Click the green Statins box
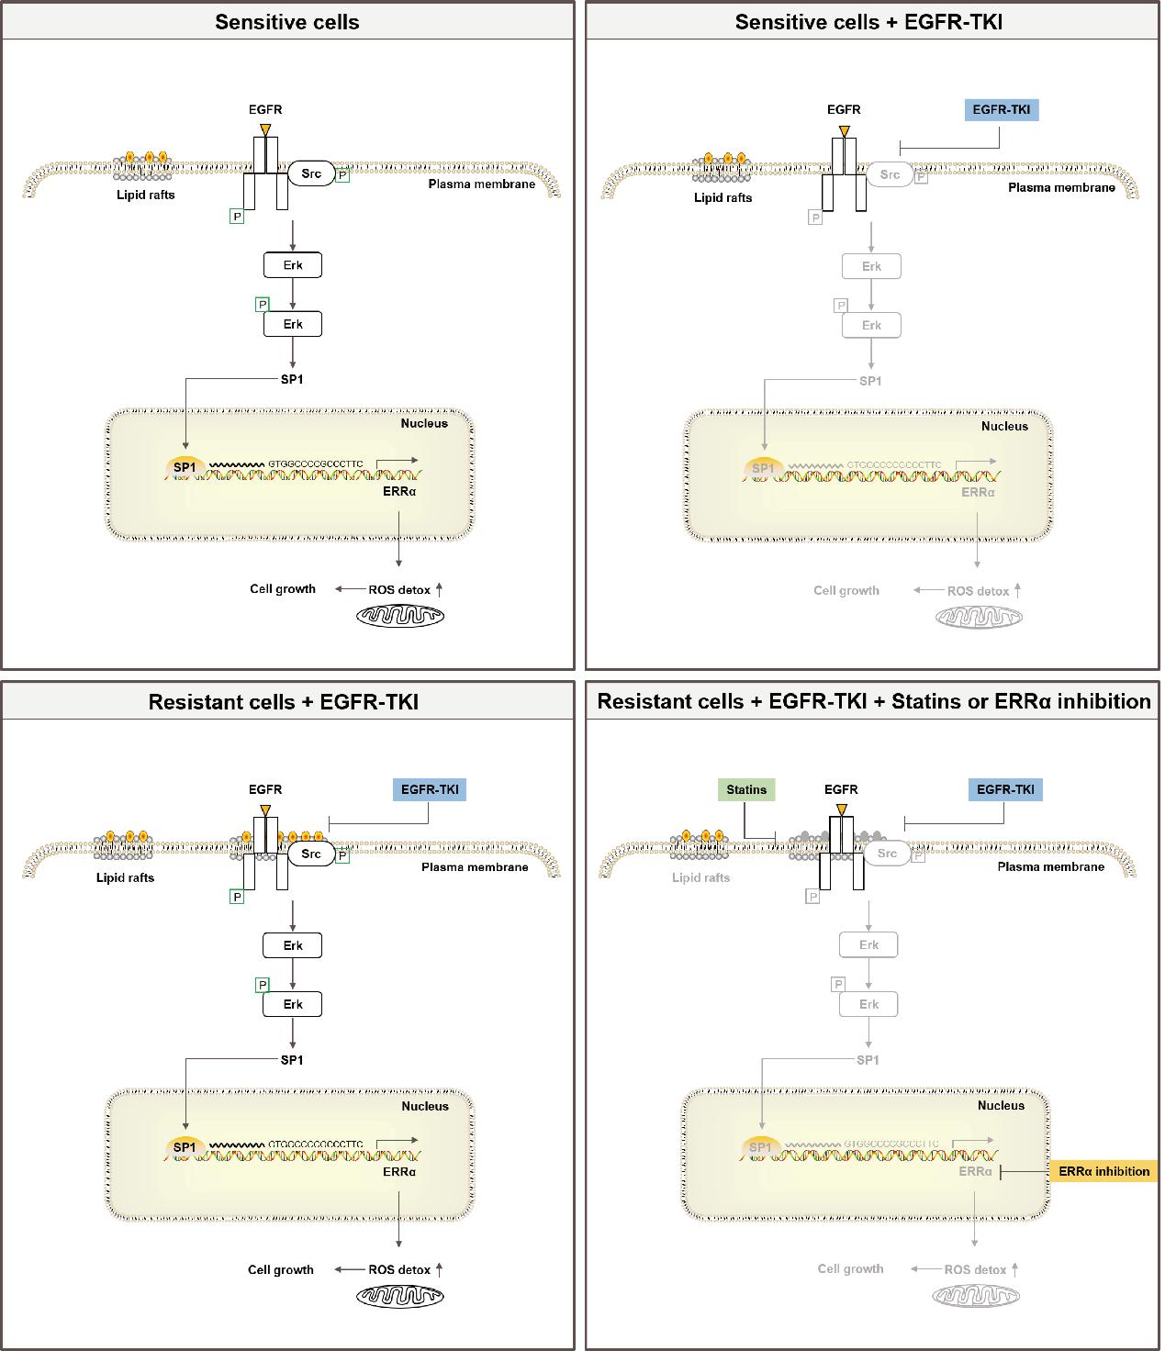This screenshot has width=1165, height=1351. (745, 789)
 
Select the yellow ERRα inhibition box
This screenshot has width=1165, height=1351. (1103, 1171)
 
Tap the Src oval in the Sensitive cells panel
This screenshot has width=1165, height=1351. (311, 173)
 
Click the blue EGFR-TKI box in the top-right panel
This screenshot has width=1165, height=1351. (1001, 110)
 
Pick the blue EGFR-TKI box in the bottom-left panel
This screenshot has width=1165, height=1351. (429, 789)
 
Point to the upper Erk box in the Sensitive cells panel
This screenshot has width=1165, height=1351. (293, 266)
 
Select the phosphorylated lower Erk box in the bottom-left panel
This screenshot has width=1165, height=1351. (293, 1004)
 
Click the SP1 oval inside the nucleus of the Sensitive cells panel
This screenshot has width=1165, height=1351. (185, 468)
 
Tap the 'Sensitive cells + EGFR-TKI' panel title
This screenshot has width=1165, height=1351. (868, 22)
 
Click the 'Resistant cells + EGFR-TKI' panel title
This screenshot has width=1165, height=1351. (284, 702)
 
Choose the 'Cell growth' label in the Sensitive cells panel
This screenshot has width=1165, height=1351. (283, 589)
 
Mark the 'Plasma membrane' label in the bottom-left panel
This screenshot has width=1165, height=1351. (475, 867)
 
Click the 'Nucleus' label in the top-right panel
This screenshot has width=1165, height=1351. (1004, 426)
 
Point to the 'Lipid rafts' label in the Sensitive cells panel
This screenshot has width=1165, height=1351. (145, 195)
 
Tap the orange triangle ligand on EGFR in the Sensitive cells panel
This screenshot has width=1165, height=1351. (265, 130)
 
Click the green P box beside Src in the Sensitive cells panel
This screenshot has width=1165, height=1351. (342, 174)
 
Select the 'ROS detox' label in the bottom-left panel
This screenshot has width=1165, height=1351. (399, 1270)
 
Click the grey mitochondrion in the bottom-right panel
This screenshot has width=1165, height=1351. (975, 1295)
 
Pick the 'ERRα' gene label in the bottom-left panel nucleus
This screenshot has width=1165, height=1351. (399, 1172)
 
